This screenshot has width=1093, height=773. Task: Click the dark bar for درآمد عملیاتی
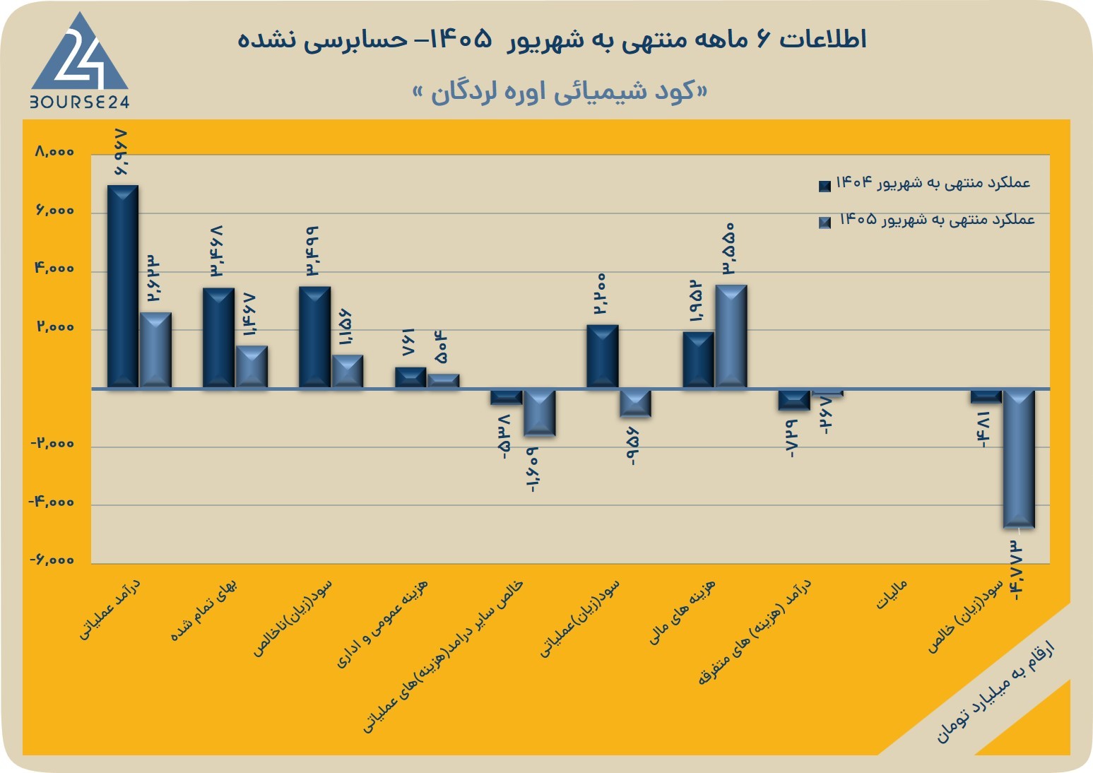point(123,286)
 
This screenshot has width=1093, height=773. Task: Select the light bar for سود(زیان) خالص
point(1018,459)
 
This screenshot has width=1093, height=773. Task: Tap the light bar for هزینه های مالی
point(731,336)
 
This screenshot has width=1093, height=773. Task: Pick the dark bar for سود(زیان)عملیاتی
point(603,356)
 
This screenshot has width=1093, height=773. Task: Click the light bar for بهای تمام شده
point(252,367)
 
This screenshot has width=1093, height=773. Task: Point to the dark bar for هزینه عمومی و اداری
point(410,377)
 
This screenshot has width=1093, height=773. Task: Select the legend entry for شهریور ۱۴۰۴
point(925,184)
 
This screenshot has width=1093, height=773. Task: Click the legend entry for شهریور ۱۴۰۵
point(926,220)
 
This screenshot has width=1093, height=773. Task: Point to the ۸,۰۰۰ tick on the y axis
point(54,152)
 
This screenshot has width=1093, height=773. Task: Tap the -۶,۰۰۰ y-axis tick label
point(52,560)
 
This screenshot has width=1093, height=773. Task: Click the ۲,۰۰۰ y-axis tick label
point(55,326)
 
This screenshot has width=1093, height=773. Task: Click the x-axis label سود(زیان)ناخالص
point(293,618)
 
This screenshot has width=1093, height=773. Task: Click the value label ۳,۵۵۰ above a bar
point(729,249)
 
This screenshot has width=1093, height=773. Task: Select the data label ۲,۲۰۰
point(601,293)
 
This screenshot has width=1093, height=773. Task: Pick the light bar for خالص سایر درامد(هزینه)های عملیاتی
point(539,413)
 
